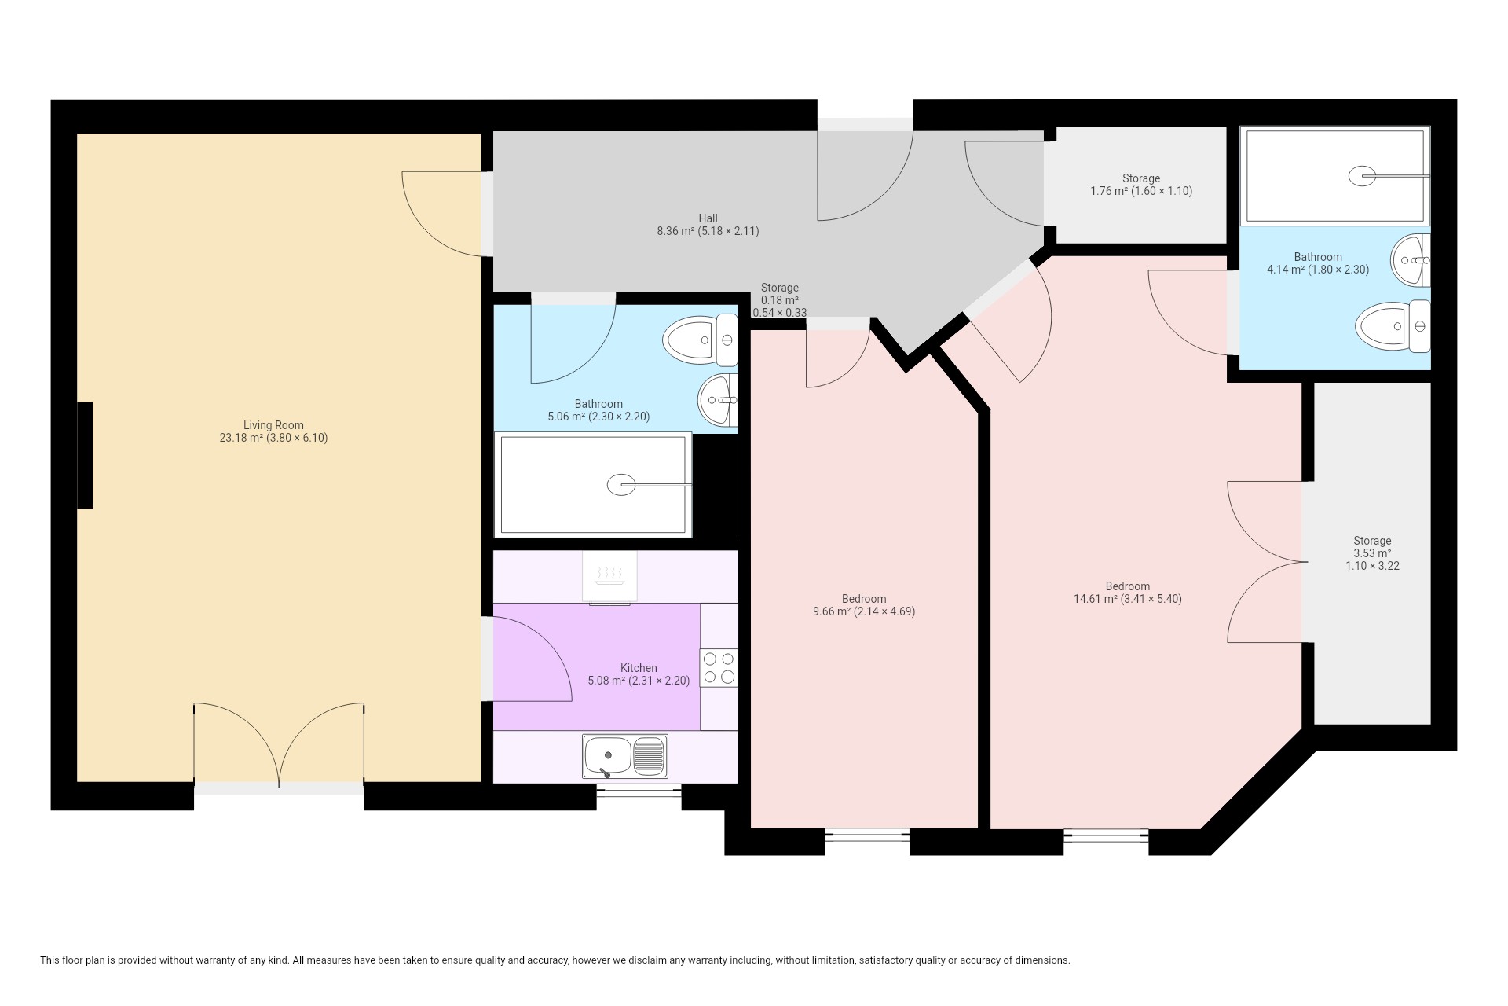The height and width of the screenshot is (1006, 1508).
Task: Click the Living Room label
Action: (273, 425)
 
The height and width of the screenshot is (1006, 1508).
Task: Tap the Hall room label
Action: (708, 218)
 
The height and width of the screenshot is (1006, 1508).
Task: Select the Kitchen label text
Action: (639, 668)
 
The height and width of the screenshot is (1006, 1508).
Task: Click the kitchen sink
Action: (625, 756)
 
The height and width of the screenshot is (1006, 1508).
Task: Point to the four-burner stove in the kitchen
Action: (719, 667)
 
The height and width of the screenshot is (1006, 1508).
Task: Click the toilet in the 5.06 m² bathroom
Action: (700, 340)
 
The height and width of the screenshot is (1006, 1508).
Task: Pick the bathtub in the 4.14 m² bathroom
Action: (1335, 176)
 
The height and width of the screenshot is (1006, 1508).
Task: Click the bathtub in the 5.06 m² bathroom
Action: (593, 485)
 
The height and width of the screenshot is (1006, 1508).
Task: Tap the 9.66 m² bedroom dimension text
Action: (864, 611)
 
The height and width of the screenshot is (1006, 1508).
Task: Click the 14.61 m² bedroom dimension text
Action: (1128, 599)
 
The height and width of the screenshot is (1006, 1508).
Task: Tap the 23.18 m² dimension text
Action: (273, 438)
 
